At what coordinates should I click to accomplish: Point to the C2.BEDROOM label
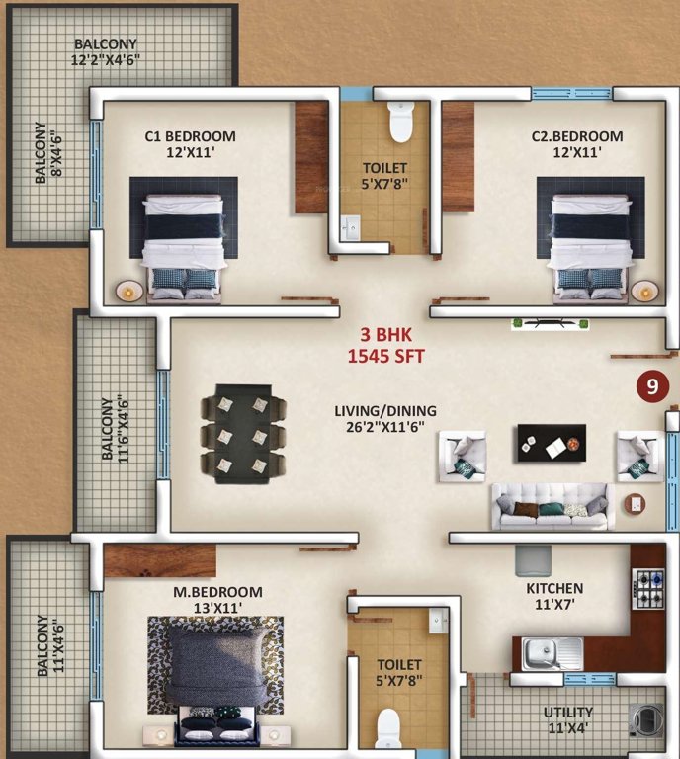[x=577, y=136]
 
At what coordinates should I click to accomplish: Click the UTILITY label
[x=567, y=713]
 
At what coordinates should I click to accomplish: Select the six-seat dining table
[x=243, y=435]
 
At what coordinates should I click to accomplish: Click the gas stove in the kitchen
[x=649, y=590]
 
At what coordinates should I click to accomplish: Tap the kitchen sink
[x=553, y=652]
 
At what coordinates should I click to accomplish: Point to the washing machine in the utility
[x=647, y=719]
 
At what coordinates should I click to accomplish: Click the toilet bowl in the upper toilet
[x=400, y=124]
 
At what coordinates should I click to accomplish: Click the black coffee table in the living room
[x=551, y=442]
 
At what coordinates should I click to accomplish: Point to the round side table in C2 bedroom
[x=644, y=291]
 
